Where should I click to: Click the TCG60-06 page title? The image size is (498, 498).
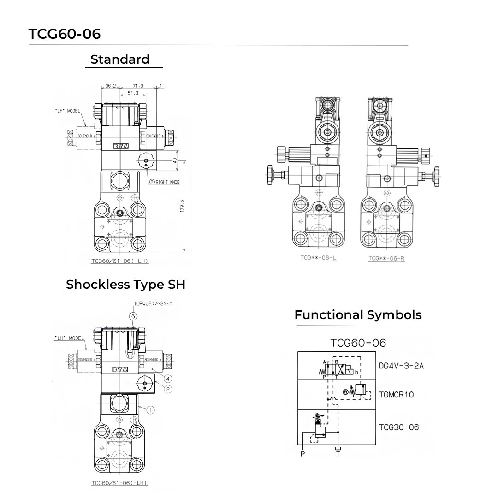coord(65,34)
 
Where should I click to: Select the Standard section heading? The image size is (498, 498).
coord(120,59)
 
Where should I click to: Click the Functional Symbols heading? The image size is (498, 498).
coord(358,315)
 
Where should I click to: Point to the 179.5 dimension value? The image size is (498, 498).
coord(182,206)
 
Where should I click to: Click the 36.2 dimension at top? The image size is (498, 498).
coord(111,86)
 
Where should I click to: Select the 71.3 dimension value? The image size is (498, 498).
coord(138,86)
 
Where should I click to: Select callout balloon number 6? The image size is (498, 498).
coord(133,316)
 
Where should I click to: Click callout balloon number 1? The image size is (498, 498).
coord(151,409)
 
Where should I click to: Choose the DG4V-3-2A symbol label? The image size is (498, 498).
coord(401,366)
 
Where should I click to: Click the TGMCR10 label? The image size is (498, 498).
coord(396,395)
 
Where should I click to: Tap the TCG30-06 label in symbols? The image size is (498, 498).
coord(398,427)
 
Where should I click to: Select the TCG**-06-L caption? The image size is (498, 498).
coord(318,258)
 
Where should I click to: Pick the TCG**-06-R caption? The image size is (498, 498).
coord(386,259)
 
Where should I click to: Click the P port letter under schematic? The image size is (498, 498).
coord(302,454)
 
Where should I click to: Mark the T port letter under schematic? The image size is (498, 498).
coord(338,454)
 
